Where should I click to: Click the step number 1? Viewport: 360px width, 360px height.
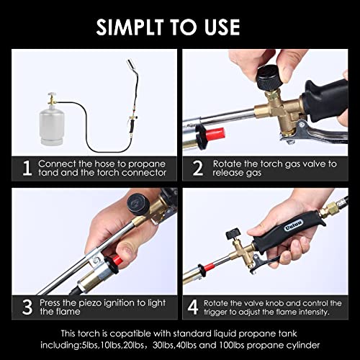(27, 168)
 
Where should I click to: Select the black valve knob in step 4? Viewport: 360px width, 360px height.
(234, 236)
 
